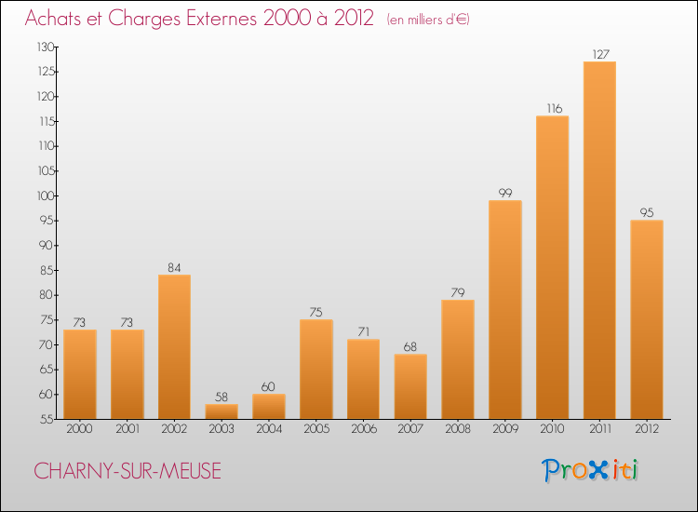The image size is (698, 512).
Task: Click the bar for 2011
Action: [599, 240]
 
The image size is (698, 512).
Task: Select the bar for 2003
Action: [221, 411]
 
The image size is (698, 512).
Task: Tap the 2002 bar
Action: [175, 347]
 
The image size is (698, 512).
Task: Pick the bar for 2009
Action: [505, 310]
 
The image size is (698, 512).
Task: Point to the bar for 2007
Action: [410, 386]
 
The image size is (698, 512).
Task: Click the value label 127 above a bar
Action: [600, 54]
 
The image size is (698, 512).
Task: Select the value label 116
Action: [555, 109]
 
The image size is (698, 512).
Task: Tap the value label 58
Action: [221, 397]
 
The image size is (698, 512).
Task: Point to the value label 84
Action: [174, 267]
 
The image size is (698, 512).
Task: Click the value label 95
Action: [647, 213]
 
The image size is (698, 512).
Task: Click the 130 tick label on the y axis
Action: [46, 47]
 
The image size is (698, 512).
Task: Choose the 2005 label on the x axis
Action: [316, 429]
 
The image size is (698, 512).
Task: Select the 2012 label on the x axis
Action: [647, 429]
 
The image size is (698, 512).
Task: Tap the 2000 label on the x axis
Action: [80, 429]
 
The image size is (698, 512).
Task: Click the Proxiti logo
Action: [590, 470]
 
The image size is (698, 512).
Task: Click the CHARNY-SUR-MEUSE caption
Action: [128, 471]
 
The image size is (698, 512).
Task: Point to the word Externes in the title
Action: [221, 19]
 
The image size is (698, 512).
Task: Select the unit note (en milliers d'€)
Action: [428, 20]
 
